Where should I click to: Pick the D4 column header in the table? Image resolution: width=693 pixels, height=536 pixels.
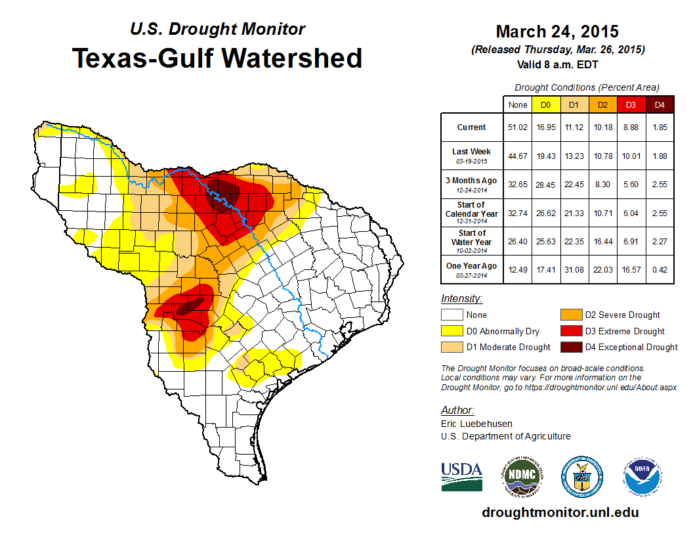pyautogui.click(x=660, y=104)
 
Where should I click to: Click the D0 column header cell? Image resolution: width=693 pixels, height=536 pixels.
pyautogui.click(x=545, y=104)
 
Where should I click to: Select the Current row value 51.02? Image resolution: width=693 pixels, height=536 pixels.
pyautogui.click(x=517, y=127)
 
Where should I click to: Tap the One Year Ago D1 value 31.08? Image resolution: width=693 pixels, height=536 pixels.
pyautogui.click(x=574, y=265)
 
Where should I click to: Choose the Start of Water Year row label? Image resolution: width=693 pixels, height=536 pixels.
pyautogui.click(x=471, y=238)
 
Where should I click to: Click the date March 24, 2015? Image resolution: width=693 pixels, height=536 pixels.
pyautogui.click(x=557, y=32)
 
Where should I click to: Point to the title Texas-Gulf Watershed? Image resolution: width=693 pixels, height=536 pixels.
pyautogui.click(x=217, y=58)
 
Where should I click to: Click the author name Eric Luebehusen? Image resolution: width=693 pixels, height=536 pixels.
pyautogui.click(x=476, y=424)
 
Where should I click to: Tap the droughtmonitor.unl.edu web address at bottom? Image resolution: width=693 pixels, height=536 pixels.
pyautogui.click(x=560, y=512)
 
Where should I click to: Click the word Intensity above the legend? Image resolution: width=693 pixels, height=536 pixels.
pyautogui.click(x=461, y=299)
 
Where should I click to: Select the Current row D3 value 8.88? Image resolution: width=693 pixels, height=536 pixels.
pyautogui.click(x=631, y=127)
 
